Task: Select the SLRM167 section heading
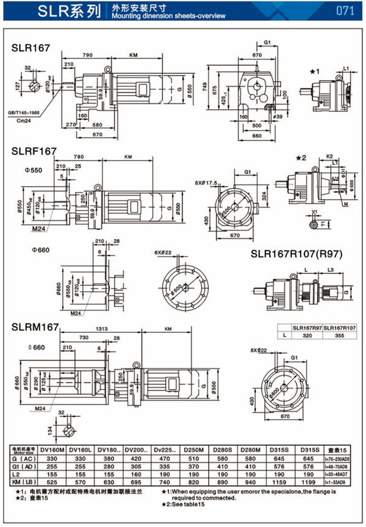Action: [x=35, y=327]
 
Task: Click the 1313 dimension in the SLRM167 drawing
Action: [x=101, y=329]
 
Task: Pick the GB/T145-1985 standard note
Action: [x=32, y=112]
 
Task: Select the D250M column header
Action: [x=199, y=449]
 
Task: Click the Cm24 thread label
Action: [x=39, y=120]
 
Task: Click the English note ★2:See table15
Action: [x=189, y=505]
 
